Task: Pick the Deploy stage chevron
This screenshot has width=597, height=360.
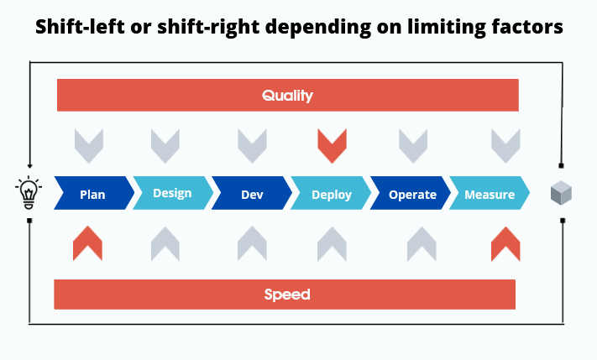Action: pos(331,194)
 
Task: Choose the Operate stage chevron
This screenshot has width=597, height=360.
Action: pos(411,194)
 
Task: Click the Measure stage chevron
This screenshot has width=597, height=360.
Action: pos(490,194)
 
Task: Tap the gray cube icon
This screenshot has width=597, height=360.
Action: pos(561,194)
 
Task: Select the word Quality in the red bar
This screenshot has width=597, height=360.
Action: pos(287,96)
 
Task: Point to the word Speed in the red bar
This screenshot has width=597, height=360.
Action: pos(287,295)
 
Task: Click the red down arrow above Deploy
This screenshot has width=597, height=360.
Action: pos(332,146)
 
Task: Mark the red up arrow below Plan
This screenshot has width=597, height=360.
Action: pos(87,243)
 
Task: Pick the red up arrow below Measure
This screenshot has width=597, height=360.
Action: pos(505,243)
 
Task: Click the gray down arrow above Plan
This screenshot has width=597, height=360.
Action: pos(88,146)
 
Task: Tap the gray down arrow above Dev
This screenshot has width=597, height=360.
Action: pos(252,146)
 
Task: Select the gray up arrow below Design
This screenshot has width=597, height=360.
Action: pos(165,243)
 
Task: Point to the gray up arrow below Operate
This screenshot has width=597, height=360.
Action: pos(422,243)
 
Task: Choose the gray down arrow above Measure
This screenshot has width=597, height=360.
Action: pos(505,146)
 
